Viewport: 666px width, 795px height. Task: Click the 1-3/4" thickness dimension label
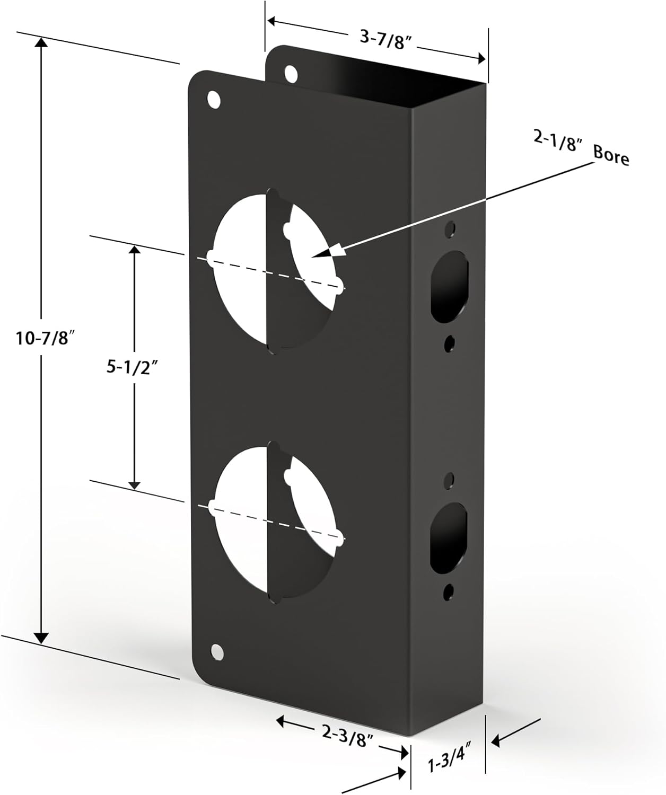(450, 765)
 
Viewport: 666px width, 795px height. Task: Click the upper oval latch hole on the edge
(450, 286)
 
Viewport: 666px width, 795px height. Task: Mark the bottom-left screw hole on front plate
(217, 651)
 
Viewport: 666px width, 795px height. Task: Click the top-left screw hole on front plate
(214, 100)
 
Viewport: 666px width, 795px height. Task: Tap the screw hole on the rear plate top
(291, 73)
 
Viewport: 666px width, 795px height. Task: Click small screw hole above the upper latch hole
(450, 228)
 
